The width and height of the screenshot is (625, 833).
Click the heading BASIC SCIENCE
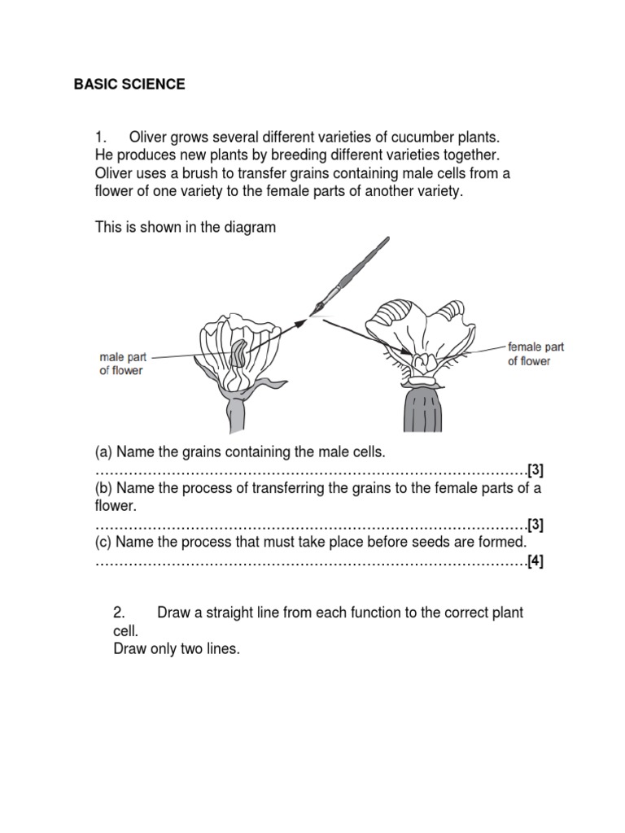click(x=129, y=85)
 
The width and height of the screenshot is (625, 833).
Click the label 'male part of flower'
click(x=121, y=364)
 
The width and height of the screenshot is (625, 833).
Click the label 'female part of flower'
click(x=535, y=354)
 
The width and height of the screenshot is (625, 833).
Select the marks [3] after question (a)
click(x=535, y=470)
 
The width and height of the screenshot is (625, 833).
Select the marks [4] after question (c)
click(x=535, y=561)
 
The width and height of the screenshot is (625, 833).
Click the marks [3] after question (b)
click(x=535, y=524)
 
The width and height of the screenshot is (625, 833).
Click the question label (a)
click(x=104, y=451)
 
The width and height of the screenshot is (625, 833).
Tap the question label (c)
click(x=104, y=542)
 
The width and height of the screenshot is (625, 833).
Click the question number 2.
click(x=118, y=613)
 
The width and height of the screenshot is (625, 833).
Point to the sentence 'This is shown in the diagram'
click(x=186, y=228)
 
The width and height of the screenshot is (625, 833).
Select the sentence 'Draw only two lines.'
click(x=177, y=650)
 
